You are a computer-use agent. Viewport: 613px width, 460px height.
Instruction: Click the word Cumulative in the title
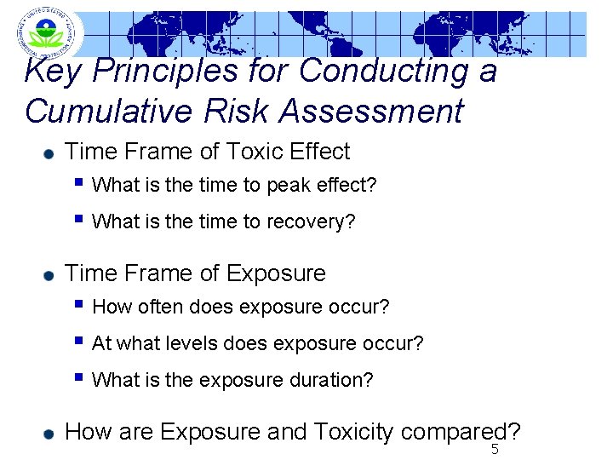pyautogui.click(x=97, y=112)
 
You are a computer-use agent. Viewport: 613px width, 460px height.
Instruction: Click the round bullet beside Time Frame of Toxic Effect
pyautogui.click(x=49, y=153)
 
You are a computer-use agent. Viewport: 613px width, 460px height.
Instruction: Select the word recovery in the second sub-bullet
pyautogui.click(x=309, y=221)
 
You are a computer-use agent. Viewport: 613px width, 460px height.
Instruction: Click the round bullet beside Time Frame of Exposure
pyautogui.click(x=49, y=275)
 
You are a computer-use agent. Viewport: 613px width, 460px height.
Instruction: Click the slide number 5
pyautogui.click(x=494, y=450)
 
